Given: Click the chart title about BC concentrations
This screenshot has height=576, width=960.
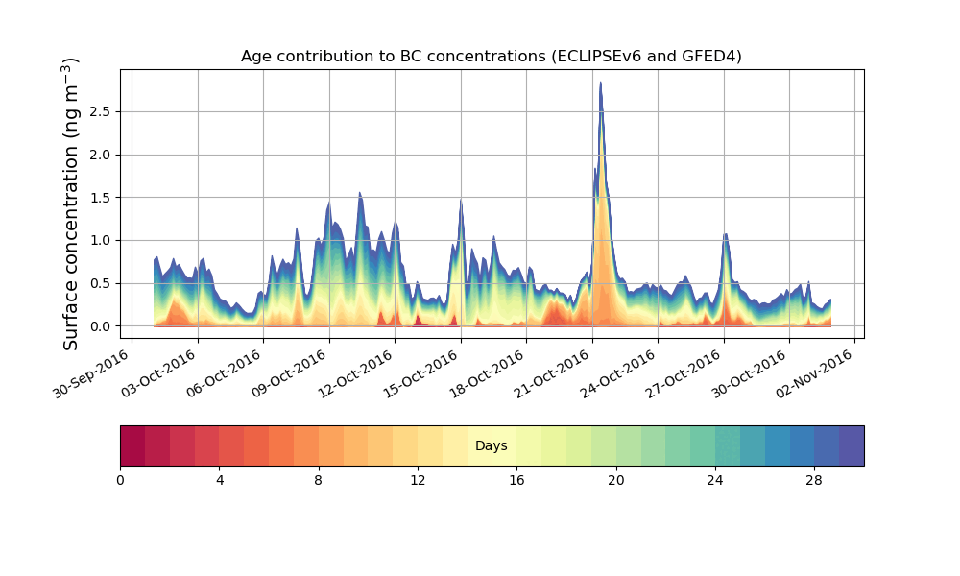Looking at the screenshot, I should tap(491, 57).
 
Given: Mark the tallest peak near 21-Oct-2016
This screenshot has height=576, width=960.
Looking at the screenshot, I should tap(601, 83).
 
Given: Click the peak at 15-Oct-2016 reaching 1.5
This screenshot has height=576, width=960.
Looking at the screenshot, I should tap(461, 200).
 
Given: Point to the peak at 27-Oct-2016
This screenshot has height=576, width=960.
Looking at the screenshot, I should tap(725, 234).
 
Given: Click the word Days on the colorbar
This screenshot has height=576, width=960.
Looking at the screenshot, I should tap(491, 446).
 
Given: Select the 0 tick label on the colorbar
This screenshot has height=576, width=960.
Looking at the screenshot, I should tap(120, 479).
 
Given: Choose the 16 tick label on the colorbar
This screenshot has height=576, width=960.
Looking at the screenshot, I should tap(516, 479).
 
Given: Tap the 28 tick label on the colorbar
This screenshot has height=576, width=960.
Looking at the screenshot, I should tap(814, 479).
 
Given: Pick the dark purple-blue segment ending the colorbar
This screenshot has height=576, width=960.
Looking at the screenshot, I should tap(852, 446).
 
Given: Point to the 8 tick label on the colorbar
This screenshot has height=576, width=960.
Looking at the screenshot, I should tap(319, 479).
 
